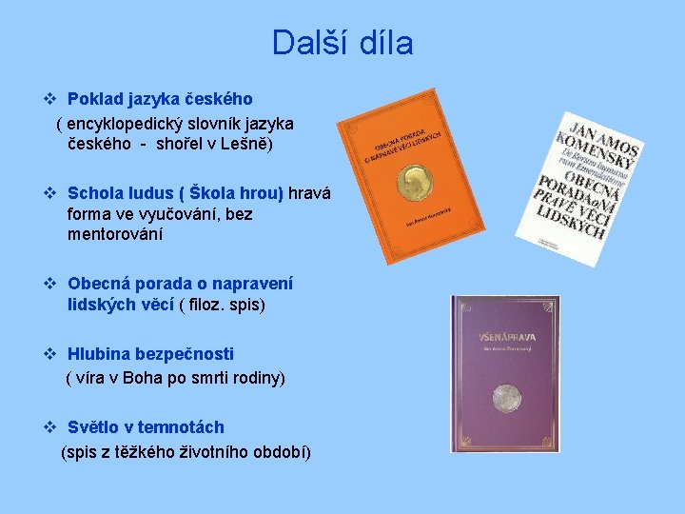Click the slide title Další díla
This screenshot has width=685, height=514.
342,43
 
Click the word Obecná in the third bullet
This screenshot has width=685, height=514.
97,284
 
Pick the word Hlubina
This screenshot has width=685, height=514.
99,354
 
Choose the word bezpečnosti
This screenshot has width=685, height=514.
184,354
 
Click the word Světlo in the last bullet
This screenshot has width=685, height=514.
94,427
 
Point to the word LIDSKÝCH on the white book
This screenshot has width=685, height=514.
572,225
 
